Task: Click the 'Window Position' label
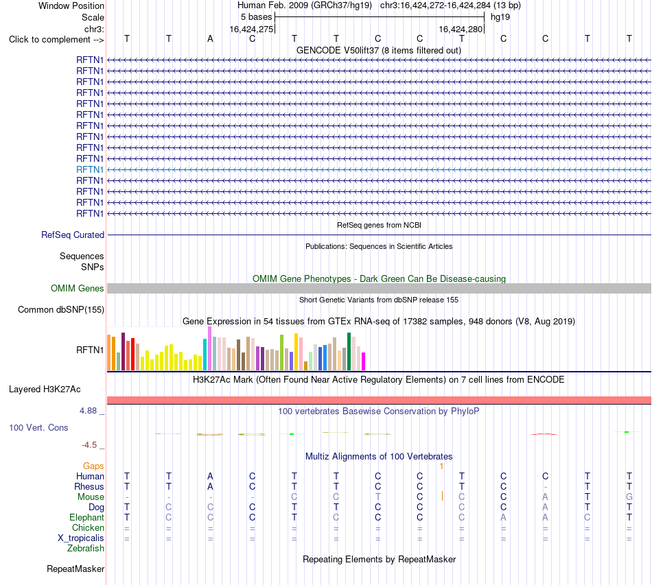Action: (71, 5)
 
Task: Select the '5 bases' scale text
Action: (256, 17)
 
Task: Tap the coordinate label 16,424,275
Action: (252, 29)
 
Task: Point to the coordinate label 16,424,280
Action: (461, 29)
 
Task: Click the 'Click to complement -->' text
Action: (56, 40)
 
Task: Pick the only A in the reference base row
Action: (211, 38)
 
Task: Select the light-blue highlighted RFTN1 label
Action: (90, 169)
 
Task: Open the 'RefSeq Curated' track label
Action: (73, 235)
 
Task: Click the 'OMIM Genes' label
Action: (78, 288)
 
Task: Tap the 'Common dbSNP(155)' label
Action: (61, 309)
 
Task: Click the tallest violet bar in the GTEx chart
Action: (209, 348)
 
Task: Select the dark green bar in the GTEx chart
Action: (349, 351)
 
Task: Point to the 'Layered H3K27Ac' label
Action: (45, 390)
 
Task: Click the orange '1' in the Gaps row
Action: (441, 466)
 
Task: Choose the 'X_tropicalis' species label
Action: (81, 538)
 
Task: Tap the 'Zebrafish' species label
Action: (86, 549)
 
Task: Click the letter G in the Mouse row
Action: (629, 497)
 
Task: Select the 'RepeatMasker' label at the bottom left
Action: (75, 569)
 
